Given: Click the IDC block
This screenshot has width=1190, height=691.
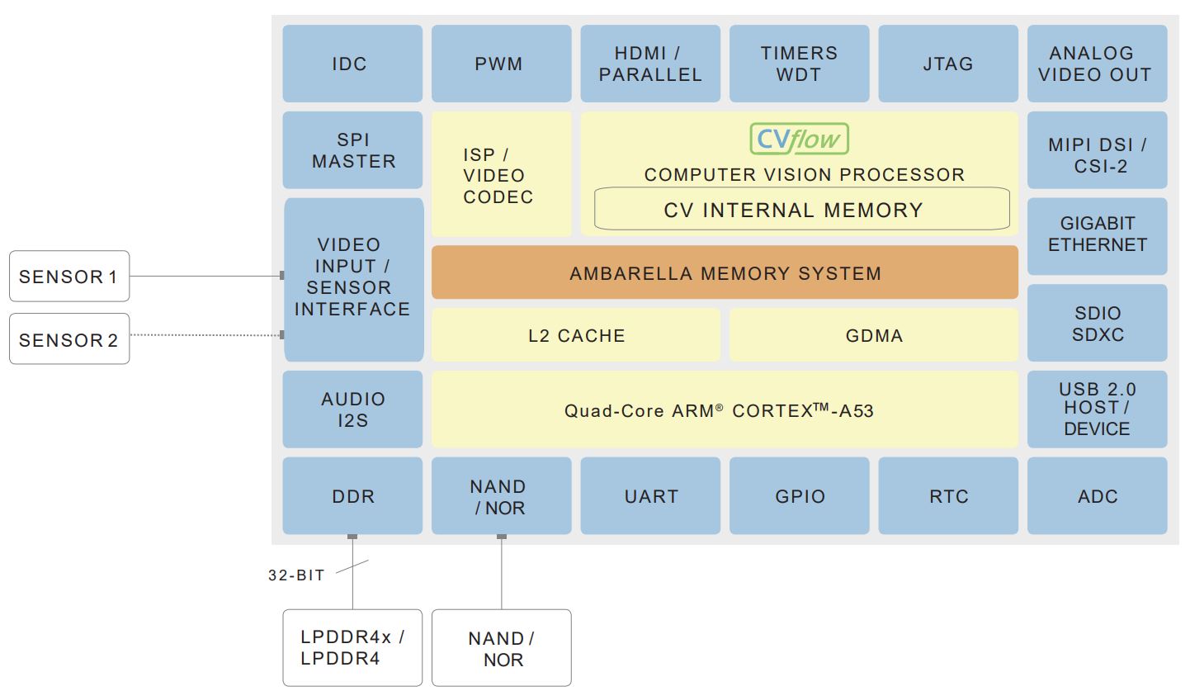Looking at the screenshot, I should pos(352,64).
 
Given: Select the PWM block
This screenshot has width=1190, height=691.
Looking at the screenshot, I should pos(501,64).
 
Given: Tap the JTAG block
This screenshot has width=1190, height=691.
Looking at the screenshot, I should pos(947,64).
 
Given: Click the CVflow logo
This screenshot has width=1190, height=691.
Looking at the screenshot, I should pos(799,140).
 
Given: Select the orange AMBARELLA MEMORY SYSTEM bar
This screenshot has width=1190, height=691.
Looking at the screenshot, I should pos(725,272).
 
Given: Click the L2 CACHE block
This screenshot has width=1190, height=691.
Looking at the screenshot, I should pos(576,335).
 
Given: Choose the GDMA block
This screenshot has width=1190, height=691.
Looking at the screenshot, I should pos(873,335).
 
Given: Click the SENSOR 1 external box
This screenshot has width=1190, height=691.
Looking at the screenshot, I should pos(69,277).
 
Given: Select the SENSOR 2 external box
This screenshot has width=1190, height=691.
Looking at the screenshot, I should pos(69,339).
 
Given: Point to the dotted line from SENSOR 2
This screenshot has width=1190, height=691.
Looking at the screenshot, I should pos(206,335).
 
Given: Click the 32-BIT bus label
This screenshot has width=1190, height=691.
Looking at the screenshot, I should pos(296,575).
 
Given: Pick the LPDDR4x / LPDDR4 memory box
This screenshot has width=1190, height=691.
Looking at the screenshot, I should pos(352,648).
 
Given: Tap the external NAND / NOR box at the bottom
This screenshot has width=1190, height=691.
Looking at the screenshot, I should pos(501,648).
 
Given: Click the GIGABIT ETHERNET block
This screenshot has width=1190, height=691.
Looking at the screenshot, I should pos(1097,234).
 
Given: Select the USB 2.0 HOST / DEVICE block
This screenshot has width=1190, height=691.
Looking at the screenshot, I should pos(1097,409).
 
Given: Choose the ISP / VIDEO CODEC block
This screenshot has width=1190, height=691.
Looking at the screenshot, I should pos(501,175).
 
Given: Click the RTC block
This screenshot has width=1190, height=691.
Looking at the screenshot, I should pos(947,496).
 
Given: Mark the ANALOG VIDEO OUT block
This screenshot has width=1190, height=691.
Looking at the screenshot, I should pos(1097,64).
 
